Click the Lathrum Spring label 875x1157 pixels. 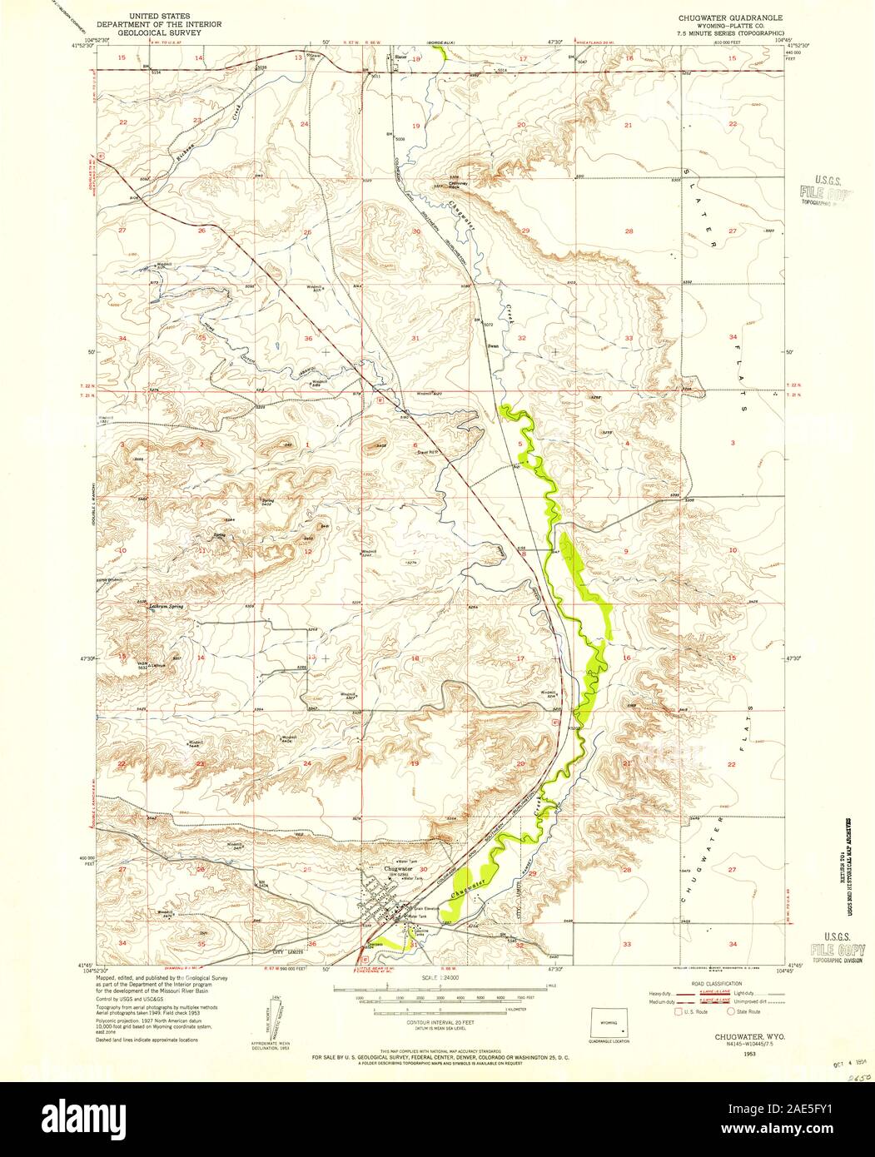tap(165, 607)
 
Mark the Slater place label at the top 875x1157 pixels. tap(400, 57)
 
